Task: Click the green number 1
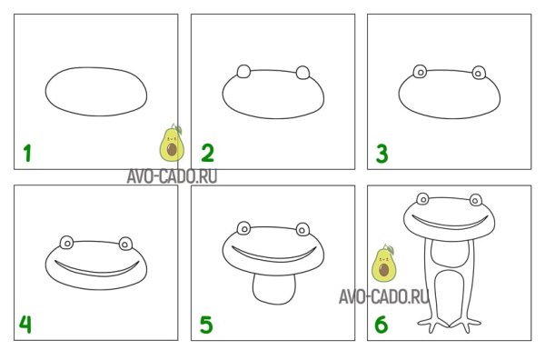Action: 27,154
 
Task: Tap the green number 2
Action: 208,154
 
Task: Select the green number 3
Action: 382,154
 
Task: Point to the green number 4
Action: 25,325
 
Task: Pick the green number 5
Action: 206,325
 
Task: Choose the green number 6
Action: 381,325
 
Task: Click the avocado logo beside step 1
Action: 172,143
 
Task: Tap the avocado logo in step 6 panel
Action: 383,263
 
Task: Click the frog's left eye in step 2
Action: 243,71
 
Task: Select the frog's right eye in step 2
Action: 302,73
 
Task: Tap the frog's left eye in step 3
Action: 421,72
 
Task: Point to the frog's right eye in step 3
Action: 479,73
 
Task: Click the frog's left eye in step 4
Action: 66,243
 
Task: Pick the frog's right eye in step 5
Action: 302,229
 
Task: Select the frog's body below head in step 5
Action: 274,290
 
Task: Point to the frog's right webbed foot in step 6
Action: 466,325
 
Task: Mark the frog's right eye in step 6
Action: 476,200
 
